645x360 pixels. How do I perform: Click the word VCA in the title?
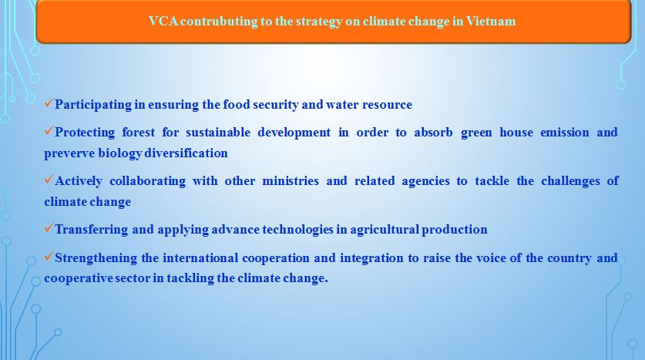163,21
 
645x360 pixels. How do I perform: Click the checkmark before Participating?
49,103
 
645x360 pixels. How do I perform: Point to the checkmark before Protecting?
49,130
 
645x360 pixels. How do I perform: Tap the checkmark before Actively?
49,179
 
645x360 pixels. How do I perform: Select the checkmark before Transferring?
49,227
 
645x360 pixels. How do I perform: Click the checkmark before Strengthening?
49,256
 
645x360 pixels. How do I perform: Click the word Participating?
93,105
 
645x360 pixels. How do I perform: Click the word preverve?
69,154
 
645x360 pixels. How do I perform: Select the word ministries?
291,181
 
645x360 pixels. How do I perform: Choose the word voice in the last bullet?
489,258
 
